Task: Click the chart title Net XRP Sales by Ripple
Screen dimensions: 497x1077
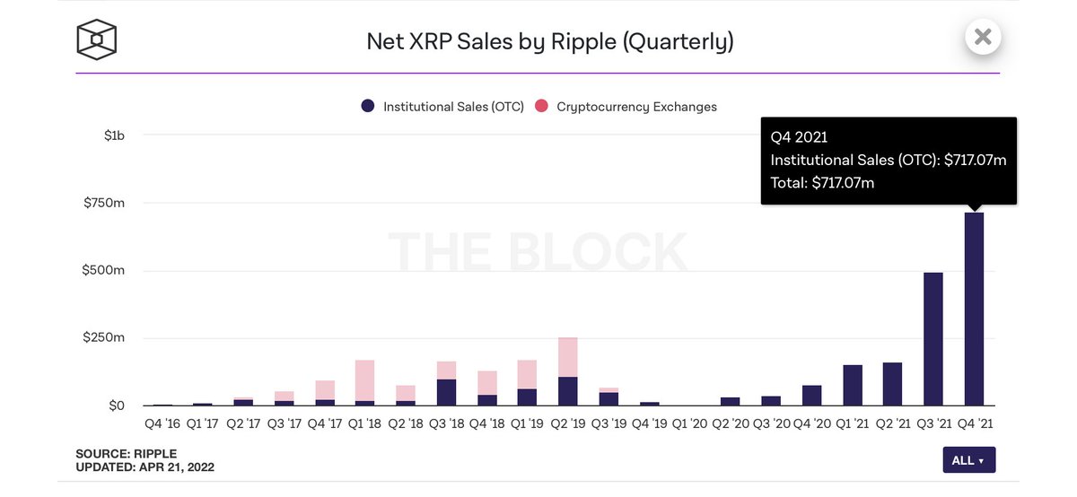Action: tap(549, 41)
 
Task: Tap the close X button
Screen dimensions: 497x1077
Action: tap(983, 37)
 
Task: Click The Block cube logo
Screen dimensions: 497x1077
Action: tap(97, 39)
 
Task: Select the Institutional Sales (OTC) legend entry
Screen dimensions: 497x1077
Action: tap(442, 107)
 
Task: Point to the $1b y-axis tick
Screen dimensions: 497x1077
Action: tap(114, 135)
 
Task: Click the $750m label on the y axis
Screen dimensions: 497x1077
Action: tap(104, 203)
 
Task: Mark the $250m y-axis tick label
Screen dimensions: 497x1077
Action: tap(104, 337)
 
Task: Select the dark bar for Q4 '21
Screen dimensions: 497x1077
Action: tap(974, 310)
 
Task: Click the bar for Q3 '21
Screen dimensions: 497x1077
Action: tap(933, 339)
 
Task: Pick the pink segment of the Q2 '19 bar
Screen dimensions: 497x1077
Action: tap(567, 357)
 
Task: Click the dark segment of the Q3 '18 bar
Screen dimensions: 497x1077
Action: tap(446, 392)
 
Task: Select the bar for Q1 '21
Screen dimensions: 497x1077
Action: tap(853, 385)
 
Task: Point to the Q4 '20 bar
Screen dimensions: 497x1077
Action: tap(812, 396)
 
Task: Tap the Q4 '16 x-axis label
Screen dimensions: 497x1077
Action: tap(162, 423)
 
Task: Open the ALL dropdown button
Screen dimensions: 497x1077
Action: tap(968, 460)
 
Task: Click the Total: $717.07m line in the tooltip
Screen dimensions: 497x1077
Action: tap(822, 183)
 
